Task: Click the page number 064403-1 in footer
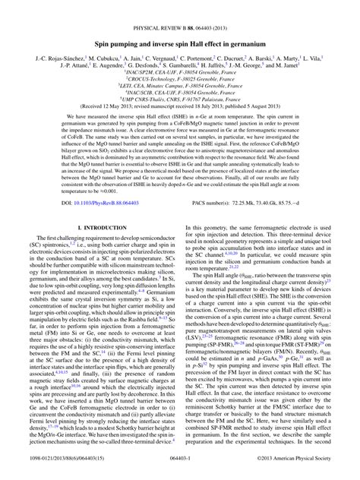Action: (x=179, y=469)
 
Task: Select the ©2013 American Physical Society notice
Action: (x=301, y=469)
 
